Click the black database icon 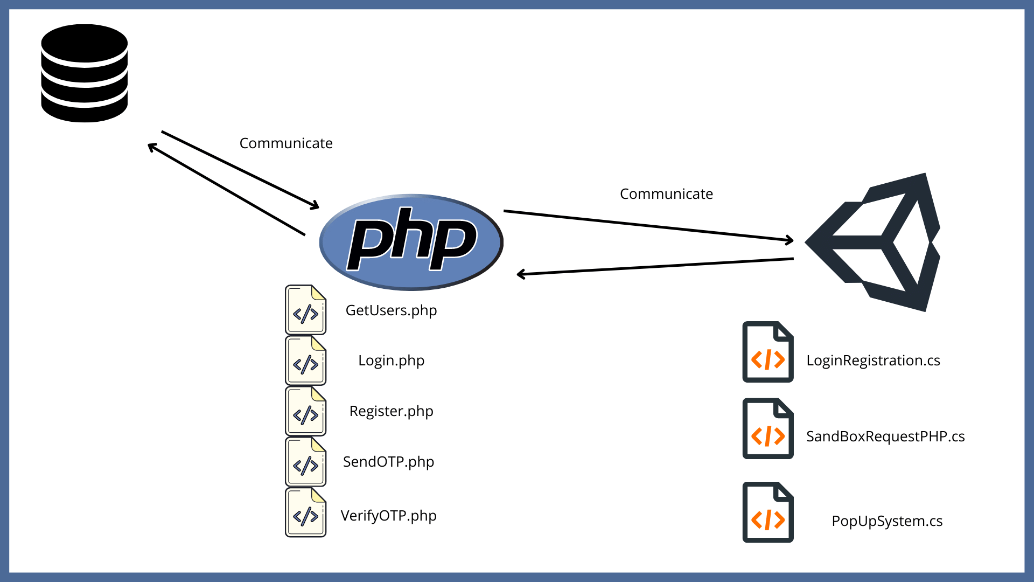[x=85, y=73]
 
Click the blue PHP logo [x=411, y=242]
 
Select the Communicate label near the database [x=286, y=143]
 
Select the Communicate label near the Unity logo [x=666, y=194]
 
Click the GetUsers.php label [x=391, y=310]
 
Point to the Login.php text [x=391, y=361]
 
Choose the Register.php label [x=391, y=411]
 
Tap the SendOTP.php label [x=388, y=462]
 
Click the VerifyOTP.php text [x=388, y=516]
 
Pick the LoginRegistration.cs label [x=873, y=361]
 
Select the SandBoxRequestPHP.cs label [x=885, y=436]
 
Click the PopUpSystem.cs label [x=887, y=521]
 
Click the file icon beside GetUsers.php [x=305, y=310]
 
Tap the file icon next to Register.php [x=305, y=411]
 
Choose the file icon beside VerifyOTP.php [x=305, y=512]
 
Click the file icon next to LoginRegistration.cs [x=767, y=352]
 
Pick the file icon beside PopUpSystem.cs [x=767, y=512]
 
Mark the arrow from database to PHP [x=240, y=169]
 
